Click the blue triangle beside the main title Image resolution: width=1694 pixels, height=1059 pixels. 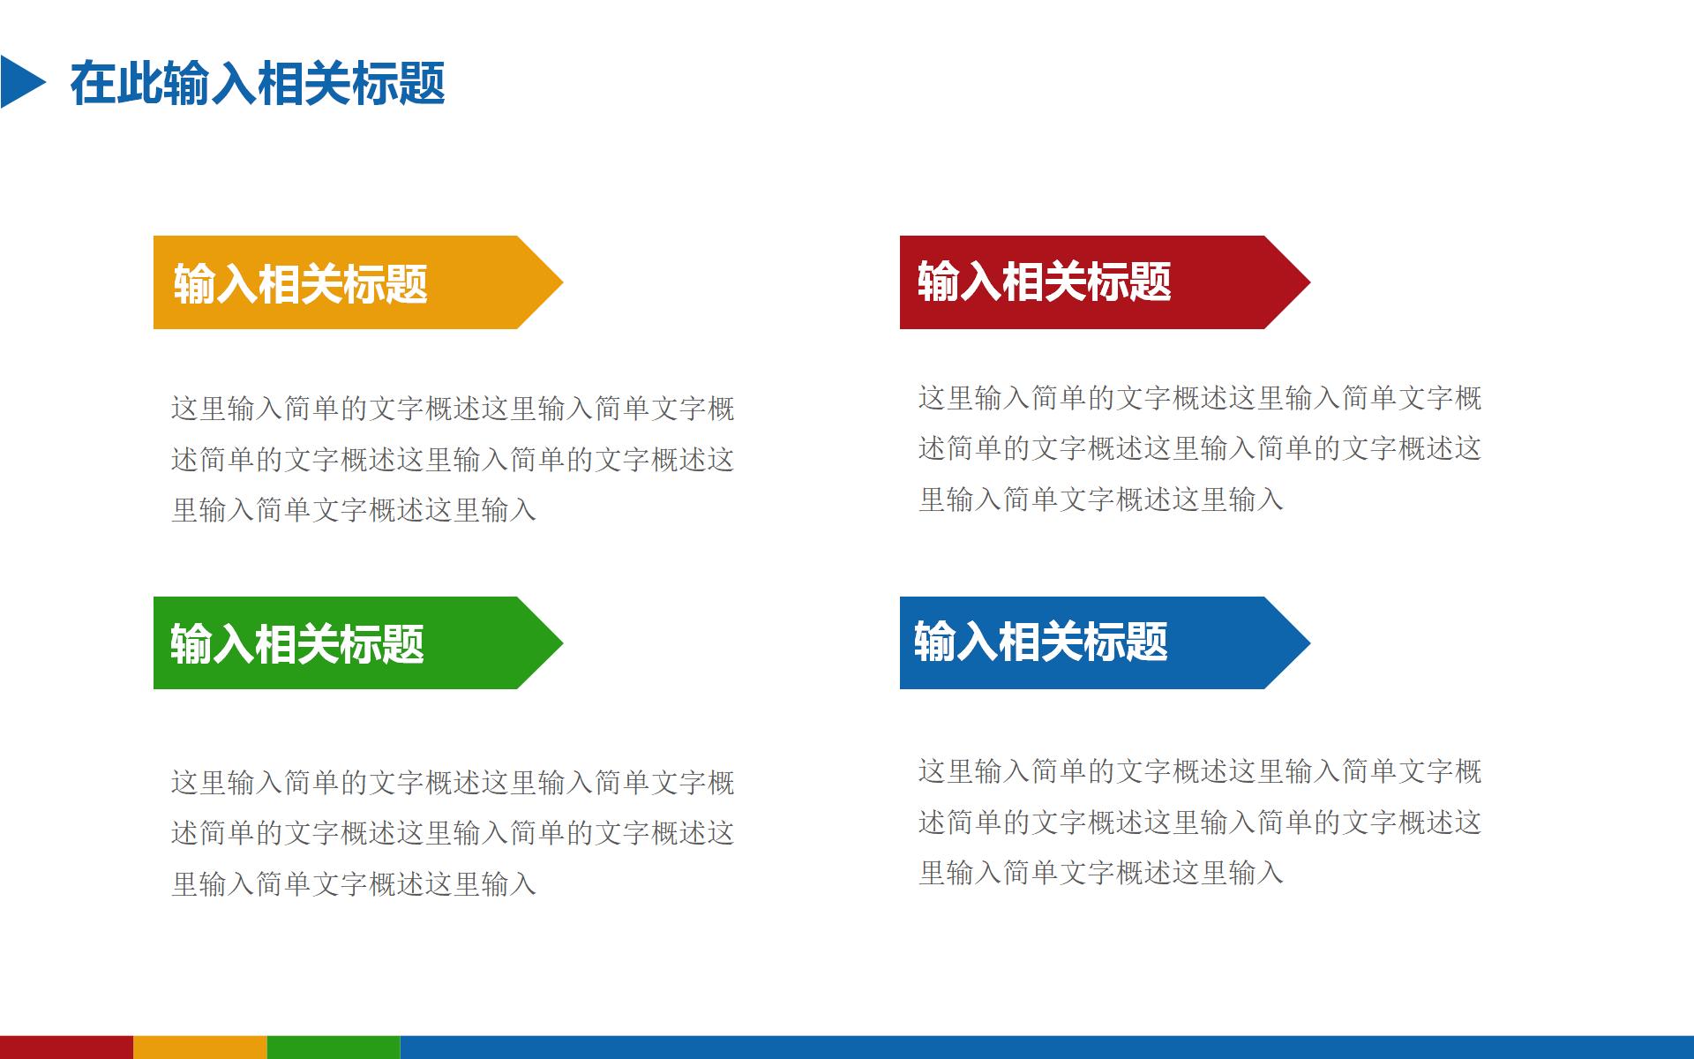click(19, 82)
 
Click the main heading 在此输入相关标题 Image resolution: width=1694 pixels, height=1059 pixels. click(257, 84)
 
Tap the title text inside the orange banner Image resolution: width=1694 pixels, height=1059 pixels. click(300, 284)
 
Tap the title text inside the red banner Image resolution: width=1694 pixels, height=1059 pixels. click(1044, 282)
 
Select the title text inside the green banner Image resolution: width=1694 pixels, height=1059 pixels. click(296, 643)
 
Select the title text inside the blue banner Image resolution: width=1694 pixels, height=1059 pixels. click(1040, 642)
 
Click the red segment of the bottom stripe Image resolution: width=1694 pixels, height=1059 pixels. click(66, 1048)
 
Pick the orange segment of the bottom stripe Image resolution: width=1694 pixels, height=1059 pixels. click(199, 1048)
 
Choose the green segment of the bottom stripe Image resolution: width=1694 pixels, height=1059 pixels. click(334, 1048)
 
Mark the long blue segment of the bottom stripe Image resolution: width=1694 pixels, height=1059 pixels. click(1046, 1048)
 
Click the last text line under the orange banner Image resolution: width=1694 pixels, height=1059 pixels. click(353, 510)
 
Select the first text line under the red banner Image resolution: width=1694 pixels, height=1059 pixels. click(1199, 398)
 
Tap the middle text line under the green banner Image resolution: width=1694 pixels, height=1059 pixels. click(452, 833)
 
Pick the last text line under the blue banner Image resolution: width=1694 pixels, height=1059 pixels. click(1100, 874)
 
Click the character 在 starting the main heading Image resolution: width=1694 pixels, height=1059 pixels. click(93, 84)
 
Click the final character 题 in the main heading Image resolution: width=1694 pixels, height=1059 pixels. click(422, 84)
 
